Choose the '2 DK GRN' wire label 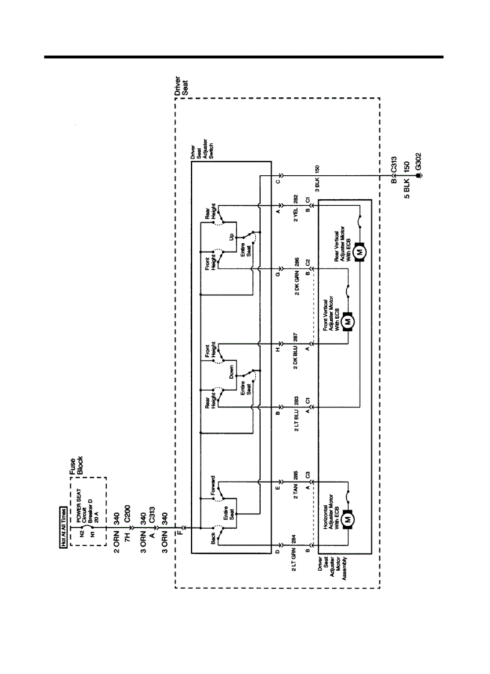(x=295, y=281)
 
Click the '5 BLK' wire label (x=407, y=184)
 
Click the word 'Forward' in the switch (x=214, y=490)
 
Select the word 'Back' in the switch (x=214, y=538)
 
